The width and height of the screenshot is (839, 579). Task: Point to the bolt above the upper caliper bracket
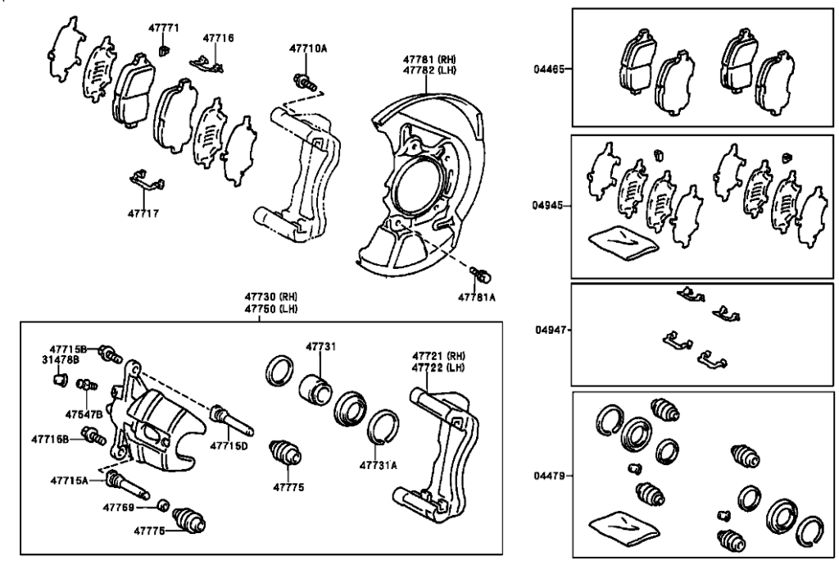point(306,80)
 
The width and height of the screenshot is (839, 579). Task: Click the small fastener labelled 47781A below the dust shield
point(481,273)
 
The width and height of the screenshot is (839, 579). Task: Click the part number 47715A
point(69,480)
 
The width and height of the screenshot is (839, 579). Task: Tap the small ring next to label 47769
point(164,505)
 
